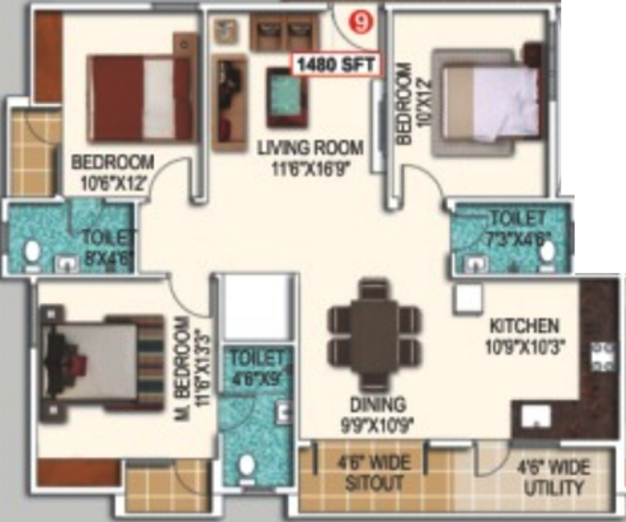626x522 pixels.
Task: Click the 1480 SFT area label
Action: pos(335,65)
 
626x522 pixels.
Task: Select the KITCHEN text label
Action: pos(524,327)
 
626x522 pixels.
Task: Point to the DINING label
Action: pos(378,404)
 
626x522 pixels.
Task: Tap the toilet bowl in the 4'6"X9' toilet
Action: pos(247,466)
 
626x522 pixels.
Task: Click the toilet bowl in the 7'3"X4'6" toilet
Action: pos(547,251)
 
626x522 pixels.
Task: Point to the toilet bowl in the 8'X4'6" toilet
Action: pos(31,252)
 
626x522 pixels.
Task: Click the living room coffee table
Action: pos(286,96)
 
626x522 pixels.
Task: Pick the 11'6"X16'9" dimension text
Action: pos(310,165)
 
